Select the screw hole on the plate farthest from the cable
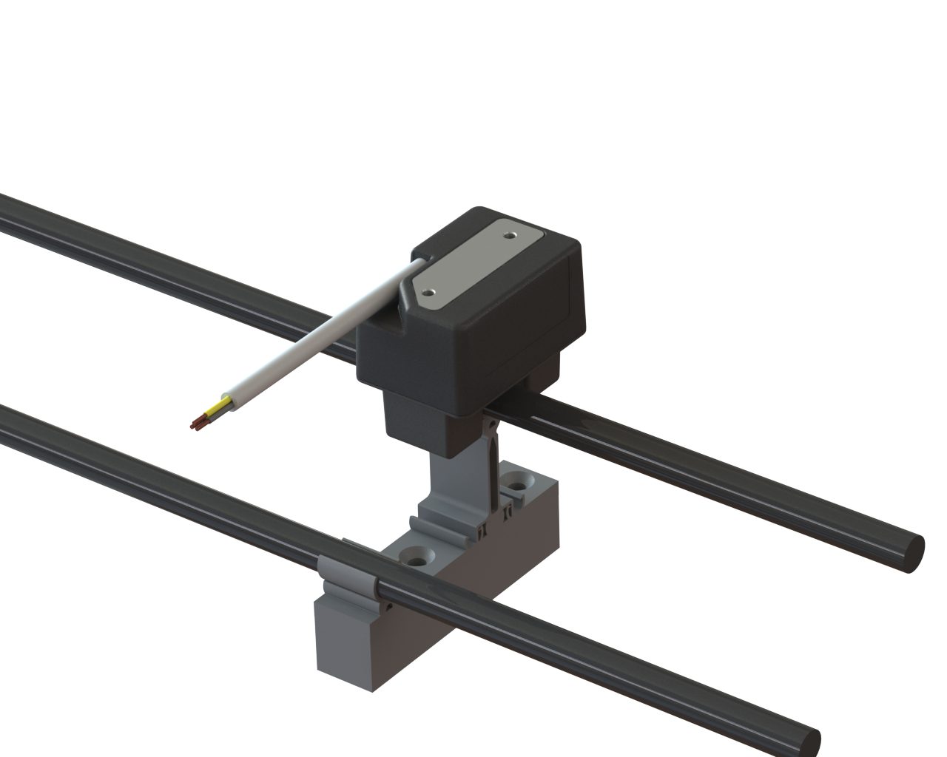[x=510, y=234]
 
